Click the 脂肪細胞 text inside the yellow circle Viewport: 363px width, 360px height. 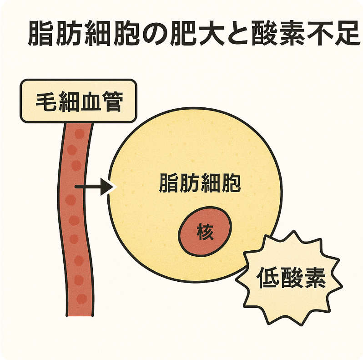tap(200, 183)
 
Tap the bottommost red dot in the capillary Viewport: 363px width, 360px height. tap(82, 299)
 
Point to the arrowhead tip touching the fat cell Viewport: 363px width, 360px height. tap(113, 187)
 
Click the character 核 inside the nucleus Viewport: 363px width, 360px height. tap(205, 233)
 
